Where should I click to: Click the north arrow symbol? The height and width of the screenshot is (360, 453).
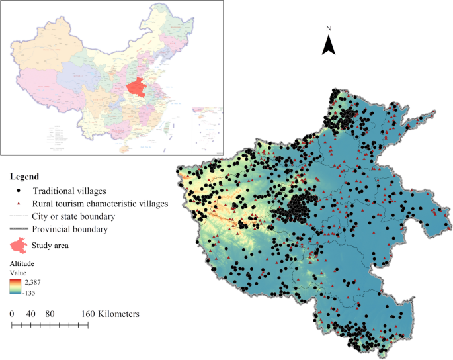coord(329,45)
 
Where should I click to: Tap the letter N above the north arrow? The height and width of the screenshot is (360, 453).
coord(329,29)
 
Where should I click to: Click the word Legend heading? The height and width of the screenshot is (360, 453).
coord(24,177)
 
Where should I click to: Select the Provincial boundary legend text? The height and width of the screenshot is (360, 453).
coord(69,229)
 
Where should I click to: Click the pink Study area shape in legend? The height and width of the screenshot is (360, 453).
coord(19,245)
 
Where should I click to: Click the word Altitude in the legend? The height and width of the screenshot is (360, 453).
coord(22,263)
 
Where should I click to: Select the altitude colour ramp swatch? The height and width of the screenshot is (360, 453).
coord(15,285)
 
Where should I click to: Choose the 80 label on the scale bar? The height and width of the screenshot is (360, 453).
coord(50,314)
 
